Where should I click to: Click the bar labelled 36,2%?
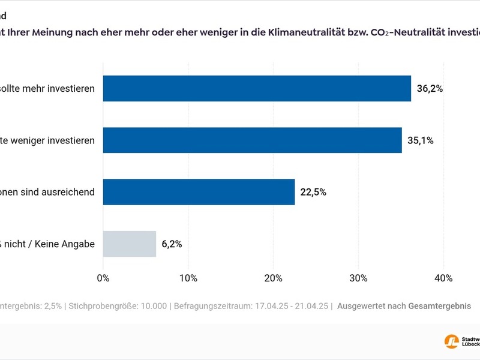click(x=257, y=88)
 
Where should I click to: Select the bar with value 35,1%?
click(x=252, y=140)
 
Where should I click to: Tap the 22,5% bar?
click(x=199, y=192)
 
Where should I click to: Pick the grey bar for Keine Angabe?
click(x=130, y=244)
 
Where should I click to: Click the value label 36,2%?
click(x=430, y=89)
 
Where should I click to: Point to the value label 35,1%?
click(x=420, y=141)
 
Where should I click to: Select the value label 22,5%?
click(x=313, y=193)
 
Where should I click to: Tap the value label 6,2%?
click(x=172, y=244)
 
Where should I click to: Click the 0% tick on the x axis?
click(x=103, y=278)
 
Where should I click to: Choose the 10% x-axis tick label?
click(x=188, y=278)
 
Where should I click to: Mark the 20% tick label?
click(x=274, y=278)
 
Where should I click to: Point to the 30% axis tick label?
click(x=359, y=278)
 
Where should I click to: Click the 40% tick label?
click(x=443, y=278)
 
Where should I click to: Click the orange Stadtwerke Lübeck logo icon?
click(x=451, y=341)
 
